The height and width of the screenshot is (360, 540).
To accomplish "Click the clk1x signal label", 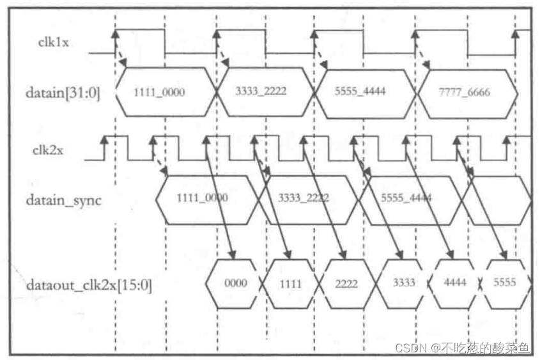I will [x=52, y=42].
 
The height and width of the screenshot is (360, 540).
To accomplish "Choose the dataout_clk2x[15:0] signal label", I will [x=89, y=283].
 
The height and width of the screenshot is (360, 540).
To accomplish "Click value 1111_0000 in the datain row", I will [x=159, y=92].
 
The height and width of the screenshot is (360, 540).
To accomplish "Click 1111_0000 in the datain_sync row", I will [x=202, y=198].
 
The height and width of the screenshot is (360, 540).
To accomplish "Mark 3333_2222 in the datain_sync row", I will [x=304, y=198].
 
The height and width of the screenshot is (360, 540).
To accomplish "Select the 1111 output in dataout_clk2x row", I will [x=291, y=283].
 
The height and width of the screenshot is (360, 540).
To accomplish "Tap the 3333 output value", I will [x=404, y=283].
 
